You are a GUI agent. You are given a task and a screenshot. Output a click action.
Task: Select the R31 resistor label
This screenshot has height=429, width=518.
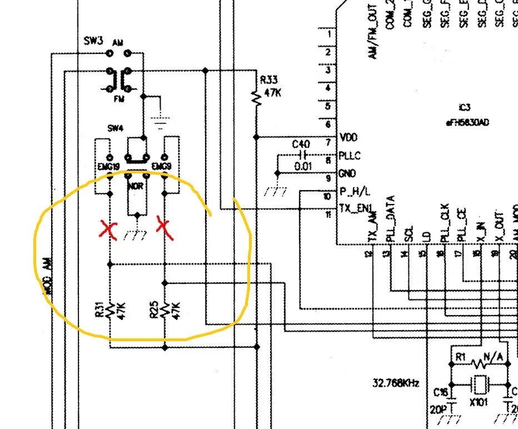pos(99,310)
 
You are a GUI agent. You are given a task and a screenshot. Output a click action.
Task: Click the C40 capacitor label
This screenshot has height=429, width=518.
pos(301,144)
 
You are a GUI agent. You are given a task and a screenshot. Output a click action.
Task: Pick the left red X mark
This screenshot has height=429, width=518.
pos(109,229)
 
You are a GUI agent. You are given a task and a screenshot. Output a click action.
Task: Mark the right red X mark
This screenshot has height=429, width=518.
pos(165,228)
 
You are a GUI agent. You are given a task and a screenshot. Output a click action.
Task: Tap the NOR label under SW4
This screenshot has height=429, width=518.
pos(136,186)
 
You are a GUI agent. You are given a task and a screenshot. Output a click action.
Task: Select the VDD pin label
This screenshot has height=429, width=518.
pos(348,137)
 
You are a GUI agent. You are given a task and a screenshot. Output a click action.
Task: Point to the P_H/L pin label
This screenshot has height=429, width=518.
pos(355,192)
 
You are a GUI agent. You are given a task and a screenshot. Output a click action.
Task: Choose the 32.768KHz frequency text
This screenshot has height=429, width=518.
pos(396,383)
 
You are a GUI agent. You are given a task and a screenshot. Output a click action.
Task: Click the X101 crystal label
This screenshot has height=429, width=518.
pos(479,401)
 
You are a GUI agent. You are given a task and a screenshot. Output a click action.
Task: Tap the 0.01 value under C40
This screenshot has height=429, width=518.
pos(303,166)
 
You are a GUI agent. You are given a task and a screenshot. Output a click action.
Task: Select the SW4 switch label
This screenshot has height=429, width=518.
pos(114,128)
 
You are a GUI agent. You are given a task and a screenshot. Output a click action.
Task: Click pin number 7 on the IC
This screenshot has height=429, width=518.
pos(329,142)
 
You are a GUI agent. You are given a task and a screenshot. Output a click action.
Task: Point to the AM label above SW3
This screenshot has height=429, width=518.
pos(118,42)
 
